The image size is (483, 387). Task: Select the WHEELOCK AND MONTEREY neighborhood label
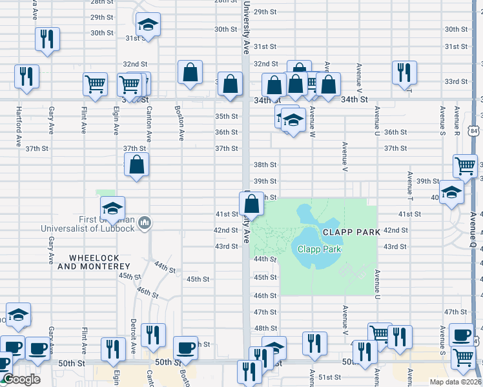pyautogui.click(x=94, y=261)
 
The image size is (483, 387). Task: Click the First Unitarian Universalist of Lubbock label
pyautogui.click(x=87, y=224)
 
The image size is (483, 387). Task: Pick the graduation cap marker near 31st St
pyautogui.click(x=149, y=26)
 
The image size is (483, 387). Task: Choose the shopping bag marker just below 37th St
pyautogui.click(x=137, y=165)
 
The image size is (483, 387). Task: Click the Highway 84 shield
pyautogui.click(x=475, y=132)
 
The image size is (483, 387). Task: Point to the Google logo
pyautogui.click(x=21, y=379)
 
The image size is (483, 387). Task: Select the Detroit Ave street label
pyautogui.click(x=133, y=332)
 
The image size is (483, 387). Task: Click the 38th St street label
pyautogui.click(x=265, y=165)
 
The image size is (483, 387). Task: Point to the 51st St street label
pyautogui.click(x=329, y=377)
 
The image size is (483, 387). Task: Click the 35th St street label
pyautogui.click(x=226, y=116)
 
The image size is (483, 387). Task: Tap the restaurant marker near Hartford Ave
pyautogui.click(x=27, y=76)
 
